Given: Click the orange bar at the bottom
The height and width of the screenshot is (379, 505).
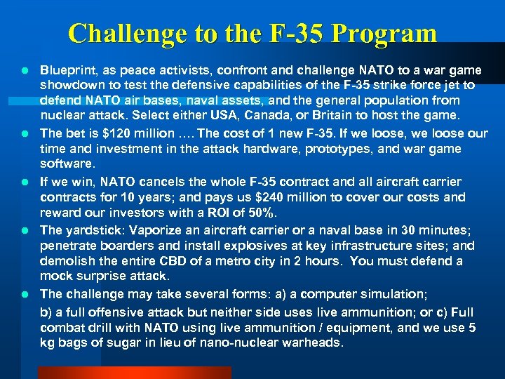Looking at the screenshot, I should [133, 372].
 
